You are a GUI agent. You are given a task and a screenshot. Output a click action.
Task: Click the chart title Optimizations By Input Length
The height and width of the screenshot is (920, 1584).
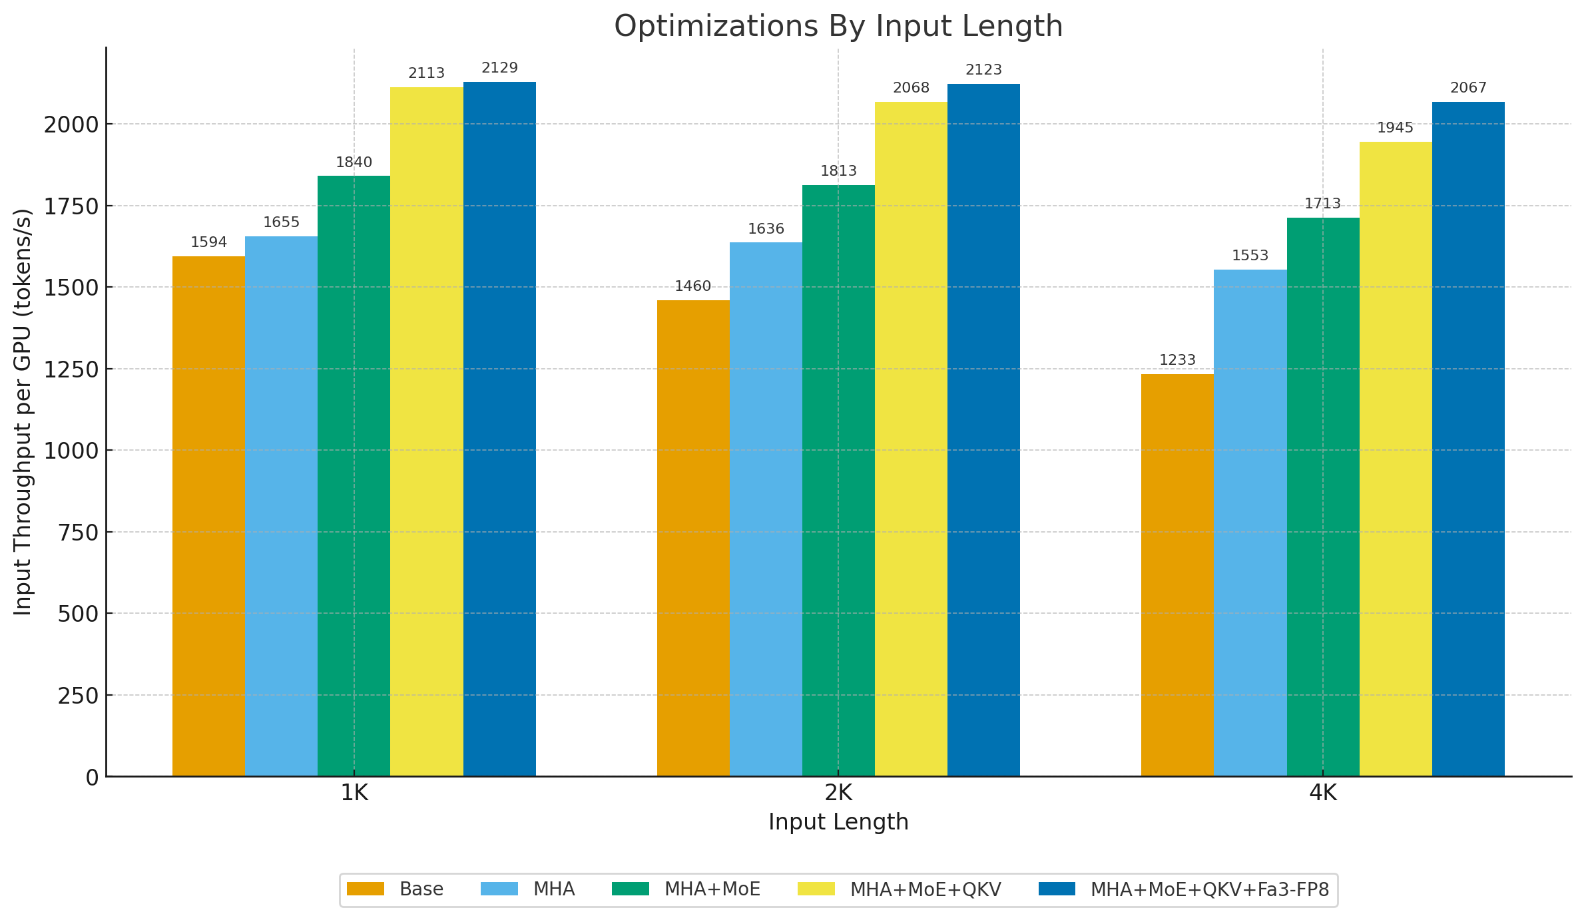(x=838, y=27)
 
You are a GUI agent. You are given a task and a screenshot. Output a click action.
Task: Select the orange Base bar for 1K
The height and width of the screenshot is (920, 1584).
(x=208, y=516)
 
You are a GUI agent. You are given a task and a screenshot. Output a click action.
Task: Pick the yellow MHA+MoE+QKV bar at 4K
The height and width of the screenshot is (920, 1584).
(x=1396, y=459)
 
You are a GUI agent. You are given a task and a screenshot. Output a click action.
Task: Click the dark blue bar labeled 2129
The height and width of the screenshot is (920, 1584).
(x=499, y=429)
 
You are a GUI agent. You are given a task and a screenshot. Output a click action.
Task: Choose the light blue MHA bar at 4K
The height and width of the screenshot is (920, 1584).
(x=1250, y=523)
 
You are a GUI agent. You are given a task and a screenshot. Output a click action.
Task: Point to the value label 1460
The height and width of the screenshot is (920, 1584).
(x=692, y=286)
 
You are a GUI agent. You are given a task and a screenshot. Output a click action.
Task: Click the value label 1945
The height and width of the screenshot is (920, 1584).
(x=1395, y=128)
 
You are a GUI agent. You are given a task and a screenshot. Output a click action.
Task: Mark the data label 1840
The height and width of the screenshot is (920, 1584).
(x=354, y=162)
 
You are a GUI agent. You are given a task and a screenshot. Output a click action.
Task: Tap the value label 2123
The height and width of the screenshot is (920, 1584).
(x=983, y=70)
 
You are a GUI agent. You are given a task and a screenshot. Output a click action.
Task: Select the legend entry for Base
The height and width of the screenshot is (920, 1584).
(x=396, y=889)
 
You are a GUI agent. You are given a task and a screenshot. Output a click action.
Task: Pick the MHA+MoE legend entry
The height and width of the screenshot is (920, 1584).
(x=686, y=889)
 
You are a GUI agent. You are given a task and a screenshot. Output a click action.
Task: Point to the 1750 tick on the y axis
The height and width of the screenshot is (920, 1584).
(x=71, y=206)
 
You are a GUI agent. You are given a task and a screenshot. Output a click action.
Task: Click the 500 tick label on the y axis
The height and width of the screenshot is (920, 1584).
(x=78, y=614)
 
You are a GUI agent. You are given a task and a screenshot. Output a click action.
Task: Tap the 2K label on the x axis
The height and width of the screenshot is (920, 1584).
(x=838, y=793)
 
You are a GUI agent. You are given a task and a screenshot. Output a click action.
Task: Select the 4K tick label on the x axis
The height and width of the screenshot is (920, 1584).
(x=1322, y=793)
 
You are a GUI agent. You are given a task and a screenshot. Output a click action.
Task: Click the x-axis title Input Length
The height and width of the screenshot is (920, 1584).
(x=838, y=822)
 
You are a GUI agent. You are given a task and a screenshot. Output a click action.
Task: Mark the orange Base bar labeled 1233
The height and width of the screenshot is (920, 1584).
(x=1177, y=575)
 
